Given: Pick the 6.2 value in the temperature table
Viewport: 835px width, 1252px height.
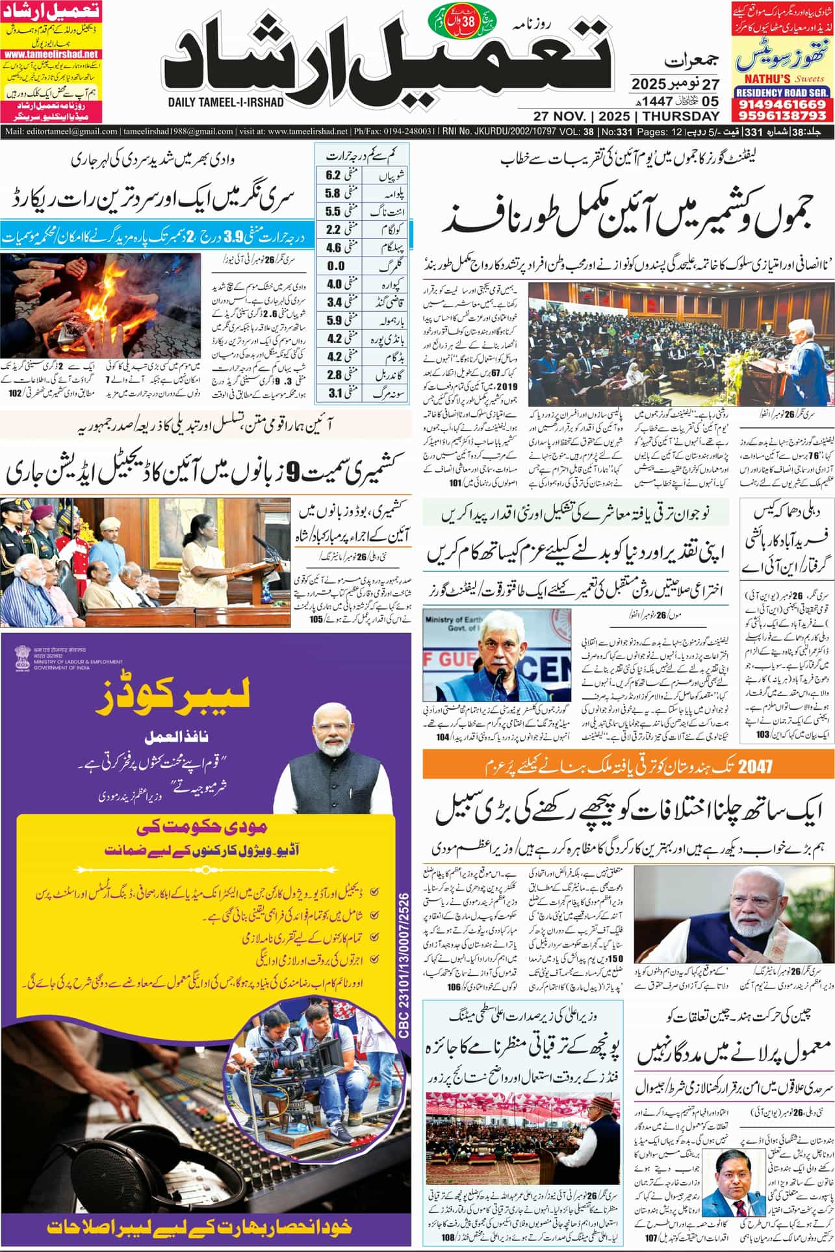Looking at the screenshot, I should tap(333, 175).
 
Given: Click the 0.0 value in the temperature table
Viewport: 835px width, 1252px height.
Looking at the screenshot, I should tap(335, 266).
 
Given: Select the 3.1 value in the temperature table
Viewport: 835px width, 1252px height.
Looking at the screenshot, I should tap(334, 393).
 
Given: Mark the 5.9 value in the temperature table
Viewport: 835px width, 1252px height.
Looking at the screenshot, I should tap(334, 320).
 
